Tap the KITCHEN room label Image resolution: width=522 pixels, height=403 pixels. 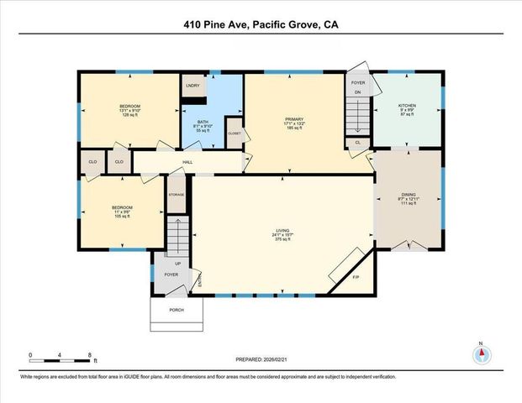coord(407,106)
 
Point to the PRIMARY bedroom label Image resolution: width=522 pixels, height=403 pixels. coord(293,120)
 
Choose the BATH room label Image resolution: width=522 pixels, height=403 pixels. coord(203,122)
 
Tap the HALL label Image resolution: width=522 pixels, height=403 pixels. coord(189,162)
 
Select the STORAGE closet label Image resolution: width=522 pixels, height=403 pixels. coord(176,194)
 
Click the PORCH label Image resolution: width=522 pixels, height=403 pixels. coord(177,310)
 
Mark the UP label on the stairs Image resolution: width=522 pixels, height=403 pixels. coord(177,262)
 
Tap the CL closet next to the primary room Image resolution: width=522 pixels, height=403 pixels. coord(357,143)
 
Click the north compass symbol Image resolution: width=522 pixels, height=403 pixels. coord(481,353)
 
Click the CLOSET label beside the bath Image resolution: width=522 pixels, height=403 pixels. coord(234,133)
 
